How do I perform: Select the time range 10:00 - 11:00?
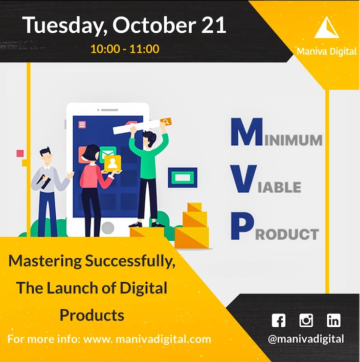coord(125,49)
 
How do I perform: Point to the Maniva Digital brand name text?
coord(327,51)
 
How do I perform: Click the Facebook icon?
coord(279,321)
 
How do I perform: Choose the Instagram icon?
coord(306,321)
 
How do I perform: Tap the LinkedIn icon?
coord(333,321)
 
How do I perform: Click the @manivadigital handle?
coord(306,338)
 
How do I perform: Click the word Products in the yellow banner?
coord(92,315)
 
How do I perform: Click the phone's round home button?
coord(107,227)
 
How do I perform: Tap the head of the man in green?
coord(149,137)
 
